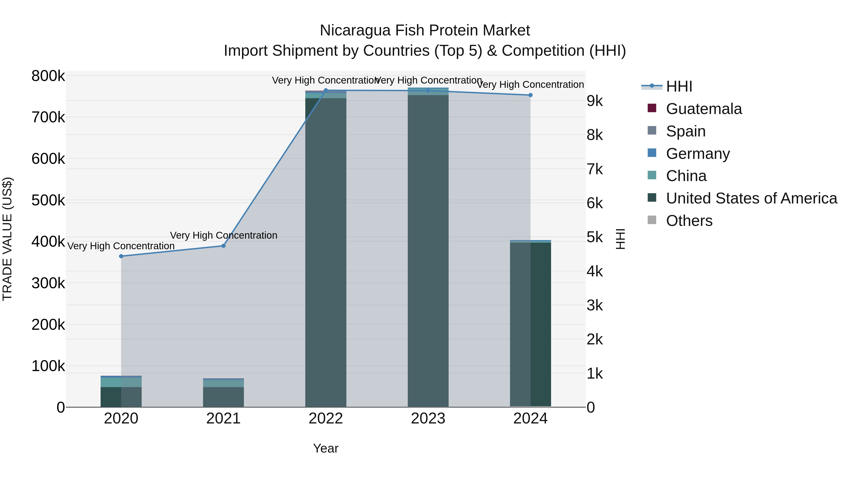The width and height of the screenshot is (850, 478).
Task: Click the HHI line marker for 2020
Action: tap(121, 256)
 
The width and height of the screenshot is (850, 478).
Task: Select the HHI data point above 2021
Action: tap(223, 246)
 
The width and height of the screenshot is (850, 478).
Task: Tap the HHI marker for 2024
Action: tap(530, 95)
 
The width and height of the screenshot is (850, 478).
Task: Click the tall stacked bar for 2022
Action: tap(326, 251)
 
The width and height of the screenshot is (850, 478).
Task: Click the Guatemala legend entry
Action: tap(704, 109)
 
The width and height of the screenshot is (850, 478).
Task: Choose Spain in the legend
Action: tap(685, 131)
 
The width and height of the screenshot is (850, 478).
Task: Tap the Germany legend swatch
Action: tap(652, 153)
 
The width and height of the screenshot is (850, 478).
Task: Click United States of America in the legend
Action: tap(751, 198)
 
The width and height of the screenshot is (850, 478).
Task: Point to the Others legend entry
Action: tap(689, 221)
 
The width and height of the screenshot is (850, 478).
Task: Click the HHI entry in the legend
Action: tap(679, 86)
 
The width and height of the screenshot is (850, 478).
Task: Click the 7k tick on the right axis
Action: tap(595, 169)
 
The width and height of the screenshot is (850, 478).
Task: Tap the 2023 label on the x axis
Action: tap(428, 419)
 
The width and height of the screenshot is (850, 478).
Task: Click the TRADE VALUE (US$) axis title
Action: tap(7, 239)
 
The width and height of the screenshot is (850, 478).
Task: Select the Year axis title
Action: tap(326, 448)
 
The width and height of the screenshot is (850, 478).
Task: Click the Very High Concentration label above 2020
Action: tap(121, 246)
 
